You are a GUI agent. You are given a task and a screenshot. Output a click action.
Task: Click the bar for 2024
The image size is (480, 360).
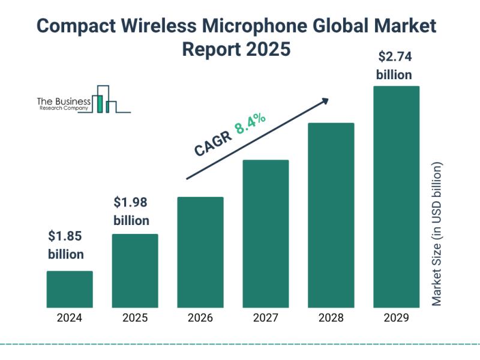70,289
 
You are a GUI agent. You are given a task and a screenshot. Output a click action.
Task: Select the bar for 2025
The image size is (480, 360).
135,271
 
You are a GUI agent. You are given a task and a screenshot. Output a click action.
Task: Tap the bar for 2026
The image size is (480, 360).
200,252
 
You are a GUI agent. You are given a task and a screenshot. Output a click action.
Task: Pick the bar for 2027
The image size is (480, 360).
266,233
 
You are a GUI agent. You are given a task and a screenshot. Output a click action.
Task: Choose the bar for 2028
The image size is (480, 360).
331,215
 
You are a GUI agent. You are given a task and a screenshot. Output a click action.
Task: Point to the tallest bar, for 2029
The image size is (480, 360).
396,196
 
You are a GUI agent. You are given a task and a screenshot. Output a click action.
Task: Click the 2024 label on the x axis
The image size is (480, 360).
70,318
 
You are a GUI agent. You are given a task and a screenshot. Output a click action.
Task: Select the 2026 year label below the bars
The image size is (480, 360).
200,318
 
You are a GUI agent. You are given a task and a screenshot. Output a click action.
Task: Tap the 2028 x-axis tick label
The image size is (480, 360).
331,318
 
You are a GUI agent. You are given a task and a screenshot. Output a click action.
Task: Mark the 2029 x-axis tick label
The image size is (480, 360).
396,318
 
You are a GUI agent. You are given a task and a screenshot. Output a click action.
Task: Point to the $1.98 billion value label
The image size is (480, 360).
131,211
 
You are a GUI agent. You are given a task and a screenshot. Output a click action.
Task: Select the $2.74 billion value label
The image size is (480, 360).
394,66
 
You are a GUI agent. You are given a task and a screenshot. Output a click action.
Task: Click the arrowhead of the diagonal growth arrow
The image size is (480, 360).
325,101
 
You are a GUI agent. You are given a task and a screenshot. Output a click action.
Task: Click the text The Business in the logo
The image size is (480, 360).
64,101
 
